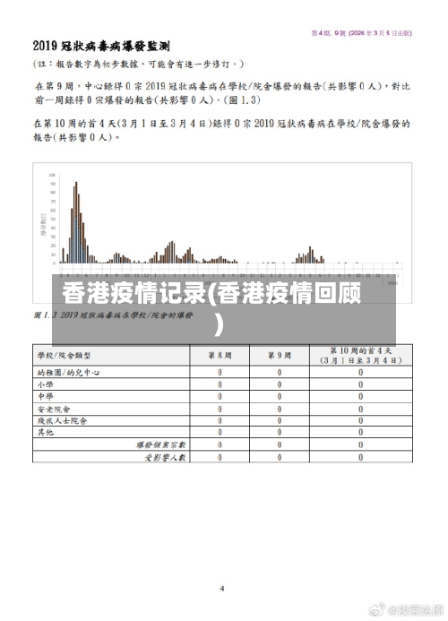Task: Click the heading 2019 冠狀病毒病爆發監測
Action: click(x=102, y=45)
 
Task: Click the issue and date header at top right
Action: click(x=361, y=32)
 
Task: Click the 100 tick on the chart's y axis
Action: click(x=52, y=175)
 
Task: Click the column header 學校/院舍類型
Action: click(x=70, y=355)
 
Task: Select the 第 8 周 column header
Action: click(x=220, y=355)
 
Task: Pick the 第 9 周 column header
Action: click(x=279, y=355)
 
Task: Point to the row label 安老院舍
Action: click(x=51, y=408)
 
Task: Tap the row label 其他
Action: click(x=45, y=432)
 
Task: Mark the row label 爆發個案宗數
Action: click(x=160, y=444)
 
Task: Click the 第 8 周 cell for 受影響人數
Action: click(x=220, y=457)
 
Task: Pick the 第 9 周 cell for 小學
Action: click(x=279, y=384)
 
